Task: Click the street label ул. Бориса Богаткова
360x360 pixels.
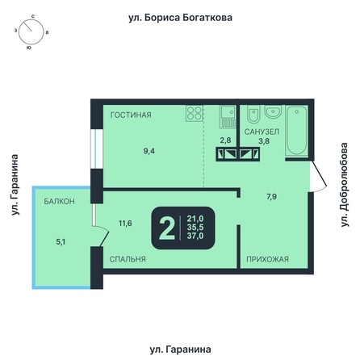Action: tap(180, 18)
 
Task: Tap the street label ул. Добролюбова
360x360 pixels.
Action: tap(345, 185)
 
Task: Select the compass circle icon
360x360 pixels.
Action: tap(31, 31)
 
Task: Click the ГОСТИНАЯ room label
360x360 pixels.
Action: tap(131, 115)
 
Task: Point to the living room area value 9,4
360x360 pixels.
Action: tap(149, 151)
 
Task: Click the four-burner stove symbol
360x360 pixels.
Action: tap(195, 113)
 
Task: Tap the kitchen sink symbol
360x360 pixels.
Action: tap(228, 116)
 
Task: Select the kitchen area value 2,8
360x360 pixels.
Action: tap(225, 140)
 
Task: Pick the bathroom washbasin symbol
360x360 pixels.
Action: tap(273, 111)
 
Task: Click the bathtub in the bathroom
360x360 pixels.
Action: tap(297, 131)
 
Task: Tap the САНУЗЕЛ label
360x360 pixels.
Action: tap(262, 132)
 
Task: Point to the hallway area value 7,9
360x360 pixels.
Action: tap(271, 197)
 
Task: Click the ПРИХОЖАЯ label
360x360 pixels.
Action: tap(267, 259)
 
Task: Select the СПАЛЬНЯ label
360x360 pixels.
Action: tap(128, 259)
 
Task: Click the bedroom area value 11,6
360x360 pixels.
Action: tap(125, 223)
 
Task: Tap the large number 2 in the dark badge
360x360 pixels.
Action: tap(167, 228)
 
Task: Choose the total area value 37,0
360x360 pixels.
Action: tap(195, 236)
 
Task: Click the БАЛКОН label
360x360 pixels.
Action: tap(60, 201)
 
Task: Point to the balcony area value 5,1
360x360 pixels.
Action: tap(61, 242)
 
